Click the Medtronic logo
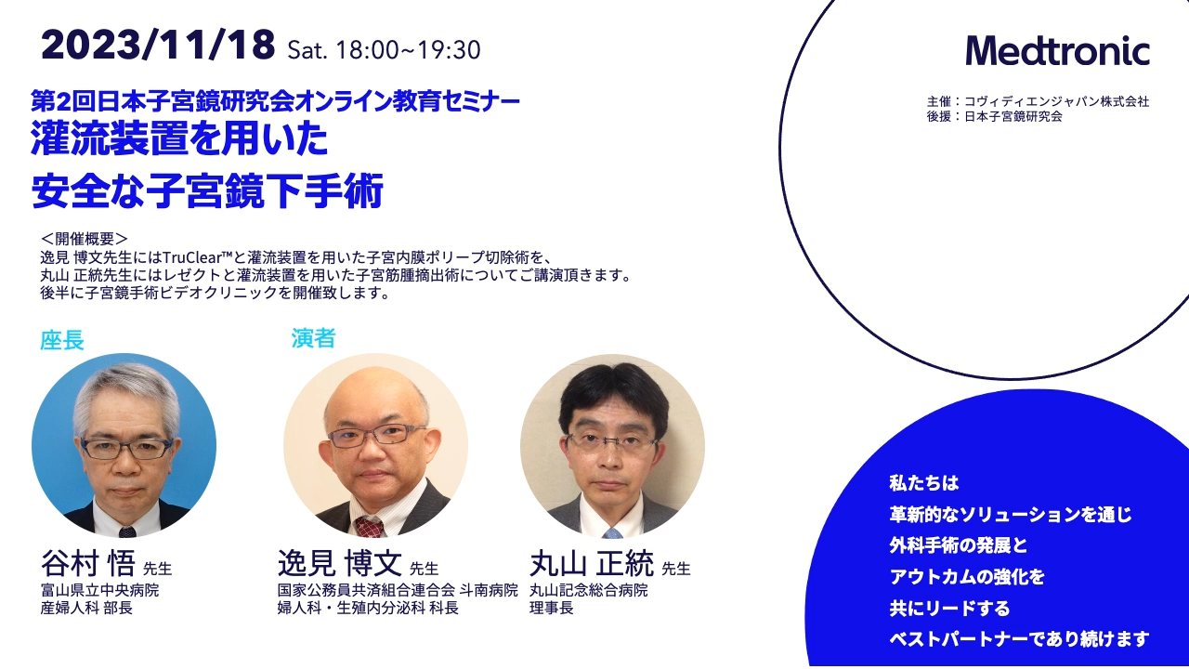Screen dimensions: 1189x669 click(1057, 51)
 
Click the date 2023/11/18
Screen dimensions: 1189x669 click(158, 45)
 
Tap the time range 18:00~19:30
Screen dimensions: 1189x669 click(408, 49)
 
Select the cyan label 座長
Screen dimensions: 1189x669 click(62, 340)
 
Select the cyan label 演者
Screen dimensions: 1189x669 click(313, 338)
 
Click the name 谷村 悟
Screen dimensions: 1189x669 click(88, 563)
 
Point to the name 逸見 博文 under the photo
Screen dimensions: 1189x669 click(340, 563)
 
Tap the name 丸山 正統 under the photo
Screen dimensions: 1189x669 click(592, 563)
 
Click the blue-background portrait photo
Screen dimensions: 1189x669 click(124, 445)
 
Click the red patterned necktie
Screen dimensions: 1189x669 click(369, 527)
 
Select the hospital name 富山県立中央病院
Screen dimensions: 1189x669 click(99, 590)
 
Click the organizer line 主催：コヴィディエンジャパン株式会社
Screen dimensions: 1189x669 click(1038, 101)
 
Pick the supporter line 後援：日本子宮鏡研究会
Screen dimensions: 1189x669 click(995, 116)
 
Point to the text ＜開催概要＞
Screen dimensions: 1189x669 click(85, 240)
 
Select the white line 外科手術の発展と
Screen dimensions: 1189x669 click(959, 545)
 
